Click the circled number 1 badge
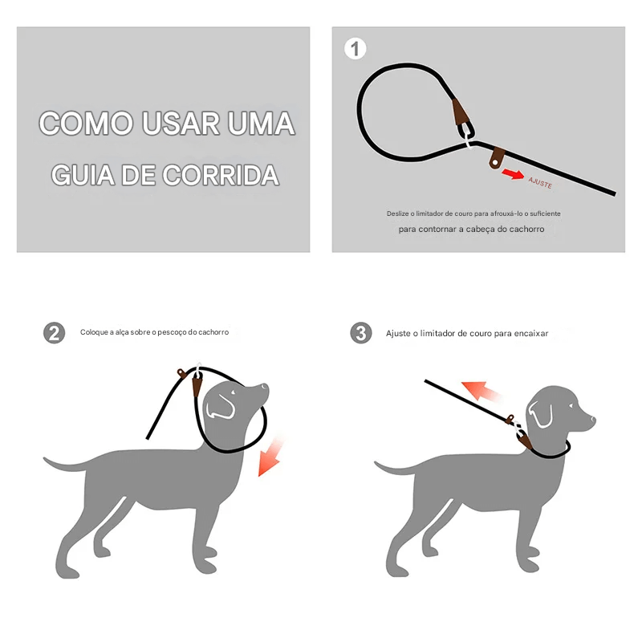click(x=355, y=49)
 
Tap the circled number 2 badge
click(x=54, y=333)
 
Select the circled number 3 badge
click(x=360, y=333)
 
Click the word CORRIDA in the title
click(x=221, y=175)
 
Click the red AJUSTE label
click(x=540, y=182)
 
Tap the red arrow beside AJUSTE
click(x=513, y=174)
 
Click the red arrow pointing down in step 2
click(x=270, y=457)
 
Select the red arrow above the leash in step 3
click(x=480, y=391)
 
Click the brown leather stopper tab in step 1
click(x=497, y=157)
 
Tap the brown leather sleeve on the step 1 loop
click(x=461, y=112)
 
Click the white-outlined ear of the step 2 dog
click(x=220, y=407)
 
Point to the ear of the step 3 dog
click(x=540, y=414)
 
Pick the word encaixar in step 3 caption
click(x=531, y=333)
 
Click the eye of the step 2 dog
click(x=233, y=392)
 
